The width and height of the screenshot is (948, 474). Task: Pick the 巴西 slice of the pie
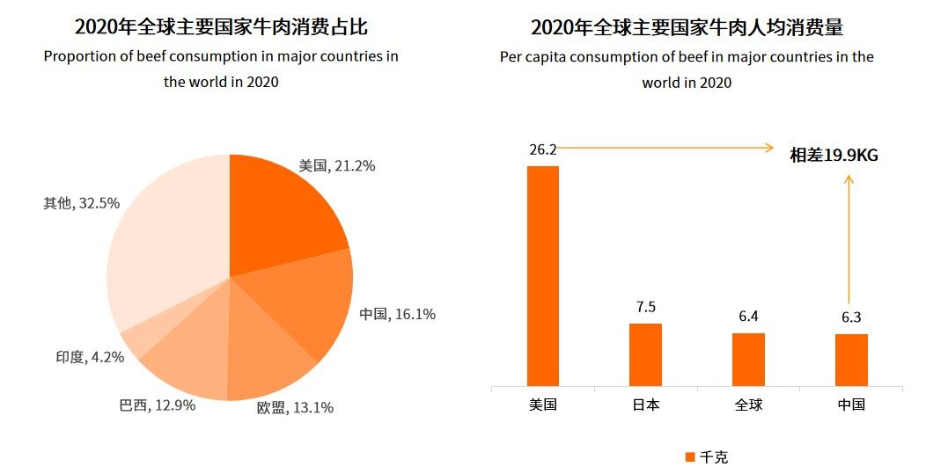point(189,352)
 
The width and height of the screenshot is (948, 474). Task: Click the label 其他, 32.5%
point(81,203)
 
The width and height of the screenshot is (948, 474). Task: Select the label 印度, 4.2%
point(89,357)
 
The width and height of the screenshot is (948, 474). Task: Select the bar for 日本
point(645,354)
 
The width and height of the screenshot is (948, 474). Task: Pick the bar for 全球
point(748,359)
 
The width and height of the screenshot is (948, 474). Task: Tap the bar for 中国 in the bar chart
point(851,360)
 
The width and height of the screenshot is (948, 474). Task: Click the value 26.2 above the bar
point(542,150)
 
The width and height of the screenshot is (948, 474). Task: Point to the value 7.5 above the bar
point(646,307)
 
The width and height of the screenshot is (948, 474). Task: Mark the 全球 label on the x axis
point(748,405)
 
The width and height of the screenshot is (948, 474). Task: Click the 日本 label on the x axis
point(645,405)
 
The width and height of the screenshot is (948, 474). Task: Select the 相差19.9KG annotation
point(834,155)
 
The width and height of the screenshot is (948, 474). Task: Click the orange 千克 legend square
point(690,457)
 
